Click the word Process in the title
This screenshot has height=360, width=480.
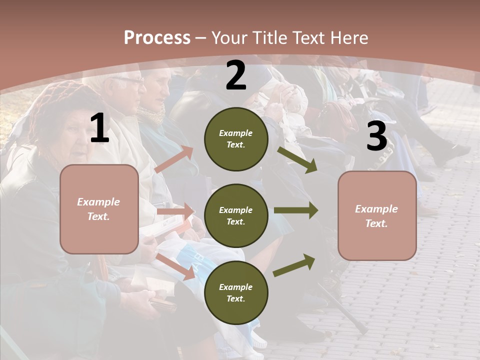point(157,37)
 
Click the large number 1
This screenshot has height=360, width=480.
point(99,128)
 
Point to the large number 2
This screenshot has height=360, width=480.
point(236,75)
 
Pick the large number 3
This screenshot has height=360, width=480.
point(376,136)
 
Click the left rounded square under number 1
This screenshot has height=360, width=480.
point(99,209)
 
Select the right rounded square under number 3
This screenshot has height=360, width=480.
point(377,215)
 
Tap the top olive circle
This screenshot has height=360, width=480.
point(236,139)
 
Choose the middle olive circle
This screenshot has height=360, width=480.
point(236,215)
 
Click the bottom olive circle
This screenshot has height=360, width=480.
point(236,292)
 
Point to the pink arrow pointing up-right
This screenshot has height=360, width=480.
point(174,159)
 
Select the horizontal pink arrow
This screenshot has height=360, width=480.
point(175,211)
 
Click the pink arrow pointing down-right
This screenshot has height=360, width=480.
point(175,266)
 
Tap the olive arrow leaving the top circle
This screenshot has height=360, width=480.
point(297,159)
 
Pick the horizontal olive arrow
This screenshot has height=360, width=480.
point(296,210)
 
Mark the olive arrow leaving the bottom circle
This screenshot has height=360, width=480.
point(294,265)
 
